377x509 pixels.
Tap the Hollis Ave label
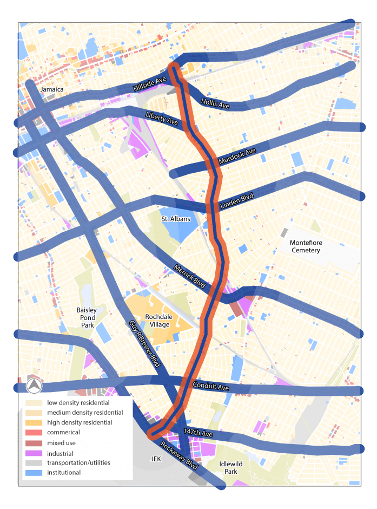215,103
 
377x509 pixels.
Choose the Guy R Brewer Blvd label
145,345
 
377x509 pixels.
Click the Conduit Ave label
211,387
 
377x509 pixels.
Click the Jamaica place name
52,89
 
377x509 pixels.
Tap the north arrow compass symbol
34,386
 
